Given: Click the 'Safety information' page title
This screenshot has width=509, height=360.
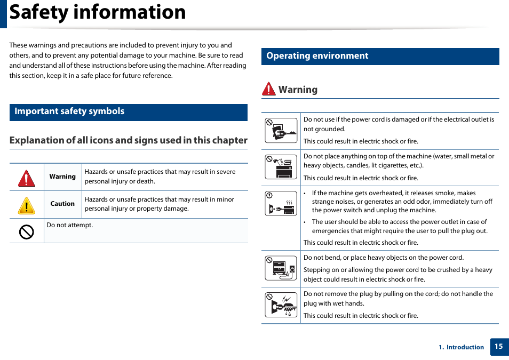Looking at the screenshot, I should coord(98,12).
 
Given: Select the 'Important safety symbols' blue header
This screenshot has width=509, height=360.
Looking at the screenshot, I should coord(69,111).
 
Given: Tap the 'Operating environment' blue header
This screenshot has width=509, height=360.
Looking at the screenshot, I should coord(317,56).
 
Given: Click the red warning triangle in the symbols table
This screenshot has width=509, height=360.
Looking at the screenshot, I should coord(26,178).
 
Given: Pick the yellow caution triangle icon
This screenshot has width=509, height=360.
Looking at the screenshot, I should coord(26,205).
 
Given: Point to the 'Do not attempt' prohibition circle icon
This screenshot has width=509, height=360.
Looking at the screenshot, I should coord(26,231).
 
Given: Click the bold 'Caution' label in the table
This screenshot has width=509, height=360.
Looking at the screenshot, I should coord(62,204).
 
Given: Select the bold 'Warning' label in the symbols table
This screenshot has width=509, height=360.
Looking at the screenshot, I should coord(62,177).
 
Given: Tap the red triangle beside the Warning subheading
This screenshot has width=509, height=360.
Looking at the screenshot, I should coord(268,90).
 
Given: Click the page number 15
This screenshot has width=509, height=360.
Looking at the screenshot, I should coord(498,346).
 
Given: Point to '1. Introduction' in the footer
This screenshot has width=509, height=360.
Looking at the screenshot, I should coord(462,347).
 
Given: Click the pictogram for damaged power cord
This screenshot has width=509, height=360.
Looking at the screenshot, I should coord(281,131).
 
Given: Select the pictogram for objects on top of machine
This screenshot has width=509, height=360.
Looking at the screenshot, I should coord(281,167).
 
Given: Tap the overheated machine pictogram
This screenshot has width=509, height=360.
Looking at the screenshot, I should coord(281,203).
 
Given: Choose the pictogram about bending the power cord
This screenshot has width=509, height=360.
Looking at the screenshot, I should coord(281,268).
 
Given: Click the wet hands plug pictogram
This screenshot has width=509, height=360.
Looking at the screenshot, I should coord(281,305).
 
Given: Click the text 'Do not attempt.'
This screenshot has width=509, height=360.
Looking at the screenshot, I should coord(70,225).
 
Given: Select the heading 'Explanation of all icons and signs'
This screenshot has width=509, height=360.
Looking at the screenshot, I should coord(128,140).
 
